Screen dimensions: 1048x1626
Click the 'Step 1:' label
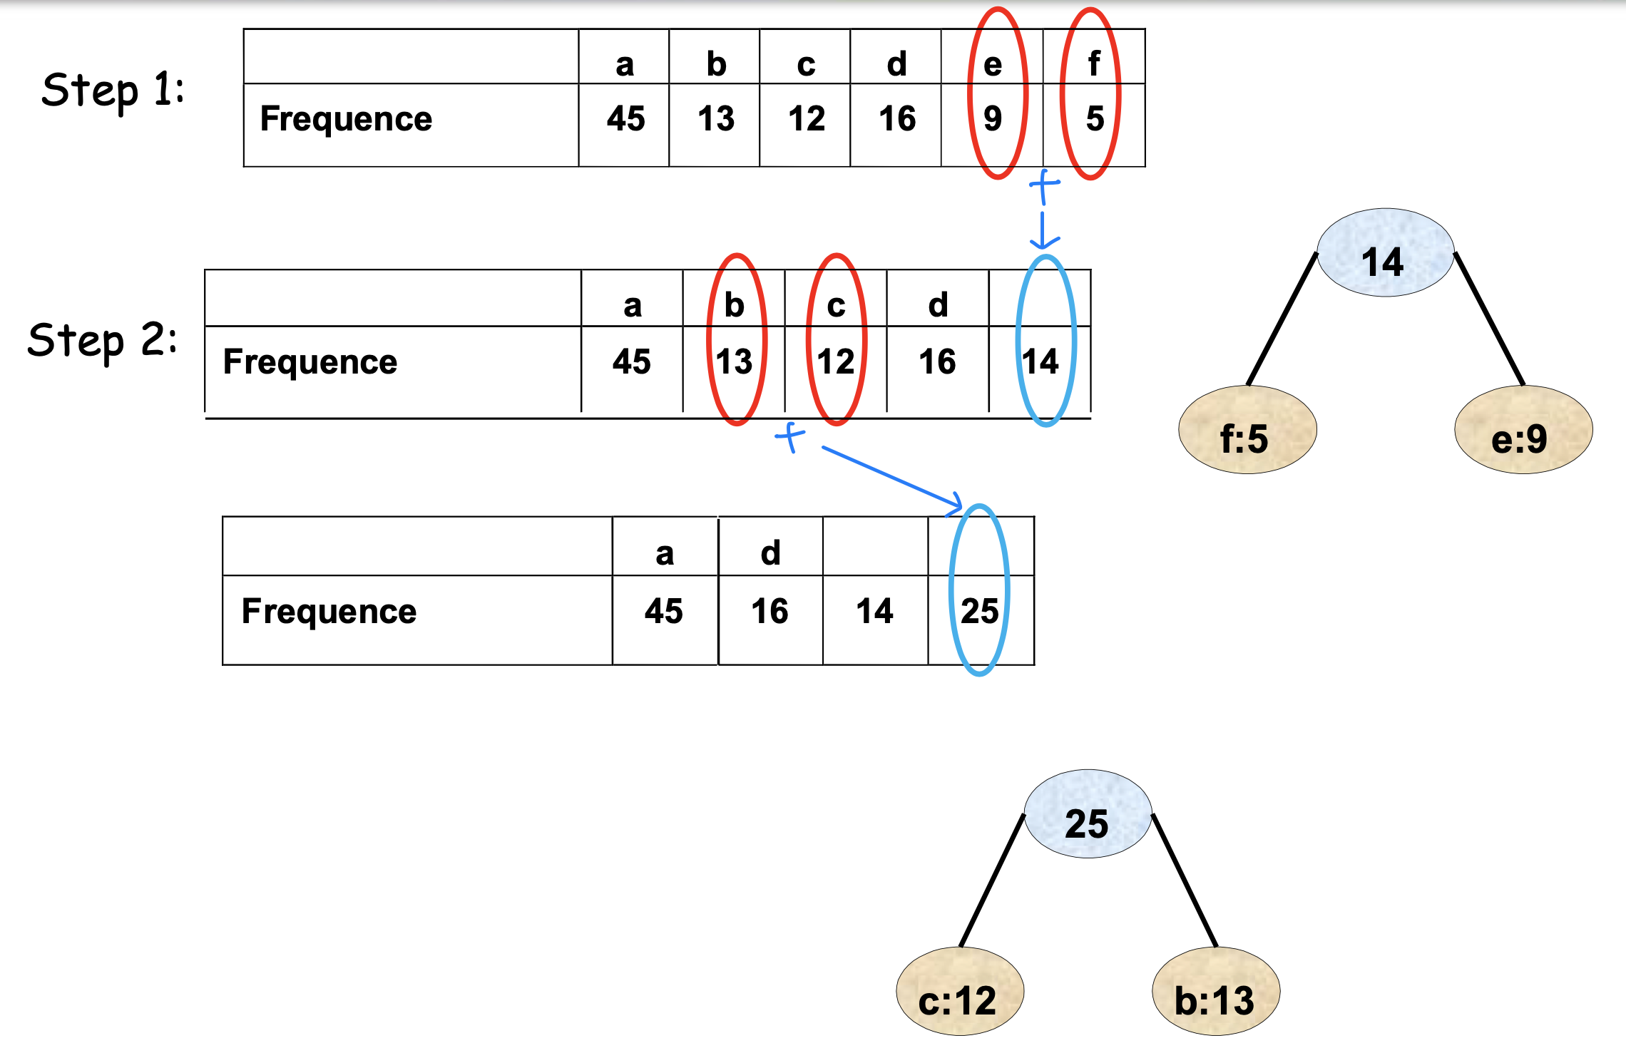click(x=113, y=91)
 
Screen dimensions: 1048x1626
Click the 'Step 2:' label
click(x=102, y=339)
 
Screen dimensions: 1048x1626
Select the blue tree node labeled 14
click(x=1384, y=253)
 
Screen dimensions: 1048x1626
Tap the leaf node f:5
click(x=1247, y=430)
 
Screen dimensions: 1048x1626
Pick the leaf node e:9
click(x=1523, y=430)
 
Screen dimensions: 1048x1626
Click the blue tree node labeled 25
click(x=1088, y=814)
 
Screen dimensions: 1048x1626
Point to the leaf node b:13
click(x=1215, y=992)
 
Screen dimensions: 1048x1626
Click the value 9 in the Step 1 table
click(x=993, y=118)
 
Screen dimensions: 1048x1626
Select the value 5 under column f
click(x=1095, y=118)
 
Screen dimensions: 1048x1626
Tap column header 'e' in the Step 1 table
click(x=993, y=65)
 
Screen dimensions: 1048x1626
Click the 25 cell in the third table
click(x=979, y=611)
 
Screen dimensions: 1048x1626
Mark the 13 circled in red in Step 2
click(x=735, y=361)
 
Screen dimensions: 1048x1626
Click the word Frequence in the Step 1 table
click(x=346, y=118)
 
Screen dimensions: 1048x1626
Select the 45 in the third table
click(x=663, y=611)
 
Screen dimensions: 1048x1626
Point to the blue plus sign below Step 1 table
click(x=1044, y=185)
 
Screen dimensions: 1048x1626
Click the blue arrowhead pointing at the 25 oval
click(x=955, y=505)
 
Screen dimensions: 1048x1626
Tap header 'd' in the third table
click(x=770, y=553)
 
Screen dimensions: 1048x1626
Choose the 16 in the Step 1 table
click(x=897, y=118)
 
